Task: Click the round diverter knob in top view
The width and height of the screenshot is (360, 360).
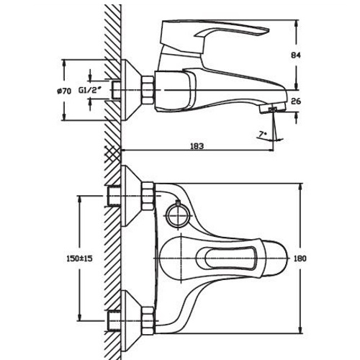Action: (x=176, y=212)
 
